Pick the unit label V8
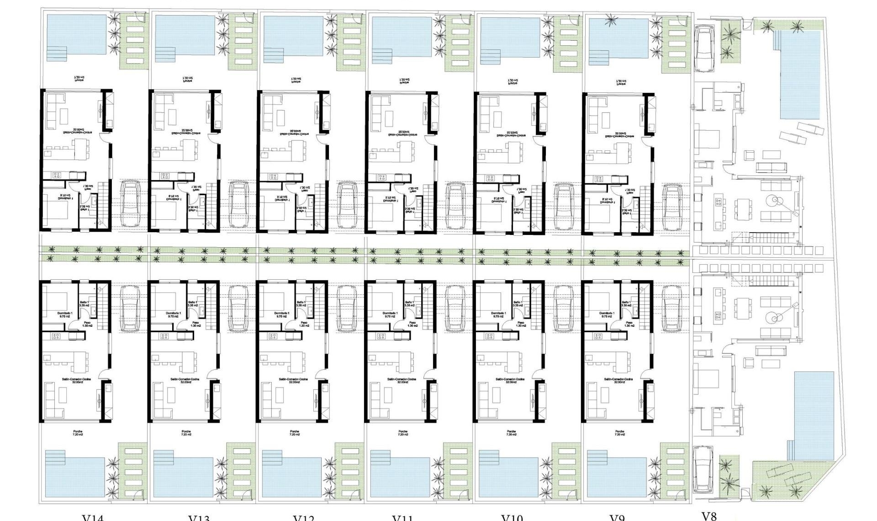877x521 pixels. (x=708, y=516)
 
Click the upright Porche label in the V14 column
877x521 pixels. (x=78, y=433)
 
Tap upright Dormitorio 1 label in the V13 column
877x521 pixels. (x=173, y=314)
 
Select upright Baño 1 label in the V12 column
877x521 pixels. (x=301, y=304)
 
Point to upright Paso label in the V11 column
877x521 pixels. (x=412, y=324)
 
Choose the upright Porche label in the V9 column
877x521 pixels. (x=619, y=433)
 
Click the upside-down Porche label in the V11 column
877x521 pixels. (x=404, y=81)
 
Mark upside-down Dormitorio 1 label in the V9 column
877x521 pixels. (x=608, y=201)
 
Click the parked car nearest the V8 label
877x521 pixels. (x=703, y=468)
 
